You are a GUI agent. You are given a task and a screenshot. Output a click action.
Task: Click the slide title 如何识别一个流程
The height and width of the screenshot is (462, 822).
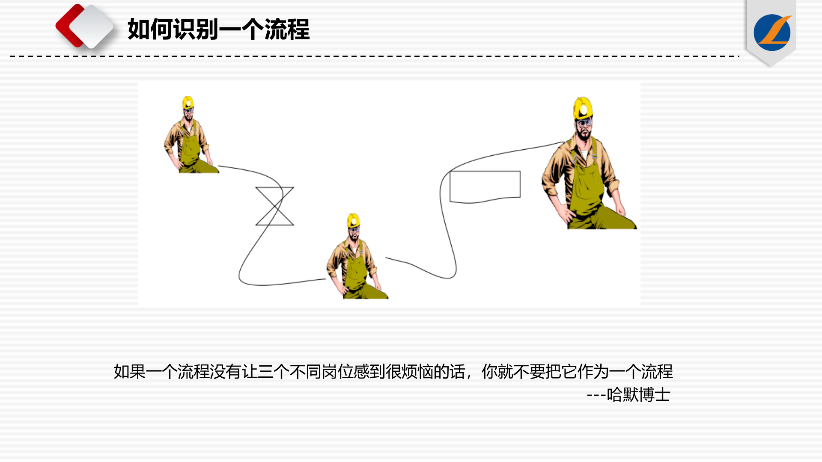[218, 30]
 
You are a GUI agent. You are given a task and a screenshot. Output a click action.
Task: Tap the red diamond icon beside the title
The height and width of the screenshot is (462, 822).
[71, 26]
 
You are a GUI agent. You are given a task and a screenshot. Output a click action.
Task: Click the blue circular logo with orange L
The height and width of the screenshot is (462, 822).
[772, 33]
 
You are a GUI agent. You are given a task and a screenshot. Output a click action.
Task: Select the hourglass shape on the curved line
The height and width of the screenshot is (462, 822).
[274, 206]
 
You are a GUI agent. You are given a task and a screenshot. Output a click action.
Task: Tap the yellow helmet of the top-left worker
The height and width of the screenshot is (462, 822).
[188, 103]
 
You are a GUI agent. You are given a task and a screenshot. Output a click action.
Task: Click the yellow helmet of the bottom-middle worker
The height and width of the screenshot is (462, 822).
[353, 220]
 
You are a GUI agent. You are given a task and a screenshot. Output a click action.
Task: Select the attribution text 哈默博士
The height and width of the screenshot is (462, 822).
[638, 395]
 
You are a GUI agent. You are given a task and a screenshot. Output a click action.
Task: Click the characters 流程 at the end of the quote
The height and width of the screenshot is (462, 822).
[657, 372]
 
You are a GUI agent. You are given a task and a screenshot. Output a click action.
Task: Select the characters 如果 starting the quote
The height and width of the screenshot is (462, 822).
[130, 372]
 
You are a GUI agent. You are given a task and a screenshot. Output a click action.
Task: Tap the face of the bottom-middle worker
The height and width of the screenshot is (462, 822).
[354, 234]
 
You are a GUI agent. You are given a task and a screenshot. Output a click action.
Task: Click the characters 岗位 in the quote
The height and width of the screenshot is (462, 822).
[337, 372]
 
